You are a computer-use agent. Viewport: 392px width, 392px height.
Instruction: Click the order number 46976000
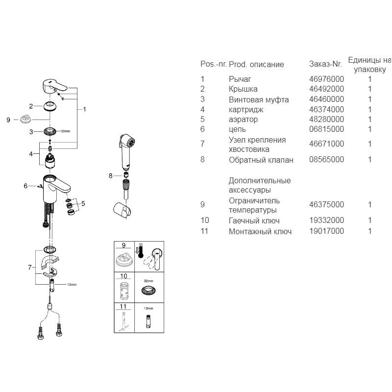coord(326,79)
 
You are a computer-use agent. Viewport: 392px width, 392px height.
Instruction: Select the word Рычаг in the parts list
coord(240,79)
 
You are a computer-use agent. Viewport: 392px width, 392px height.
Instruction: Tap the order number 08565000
coord(326,159)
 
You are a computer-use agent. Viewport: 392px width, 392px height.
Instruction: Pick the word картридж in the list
coord(245,109)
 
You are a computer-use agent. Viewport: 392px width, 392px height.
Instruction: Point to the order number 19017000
coord(326,231)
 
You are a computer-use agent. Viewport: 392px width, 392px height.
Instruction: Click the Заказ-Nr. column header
coord(325,64)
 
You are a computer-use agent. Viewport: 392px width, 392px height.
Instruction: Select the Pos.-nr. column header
coord(213,64)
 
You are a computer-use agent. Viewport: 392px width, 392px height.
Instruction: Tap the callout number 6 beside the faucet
coord(25,186)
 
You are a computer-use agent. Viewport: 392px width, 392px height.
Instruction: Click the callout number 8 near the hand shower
coord(111,175)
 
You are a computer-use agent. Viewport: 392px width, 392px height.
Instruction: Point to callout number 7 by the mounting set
coord(29,267)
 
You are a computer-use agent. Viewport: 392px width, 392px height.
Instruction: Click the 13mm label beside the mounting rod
coord(72,284)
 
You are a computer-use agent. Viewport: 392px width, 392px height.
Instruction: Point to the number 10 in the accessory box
coord(123,276)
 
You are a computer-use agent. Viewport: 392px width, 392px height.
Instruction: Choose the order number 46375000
coord(326,204)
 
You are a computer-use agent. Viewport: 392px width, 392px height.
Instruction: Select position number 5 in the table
coord(202,119)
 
